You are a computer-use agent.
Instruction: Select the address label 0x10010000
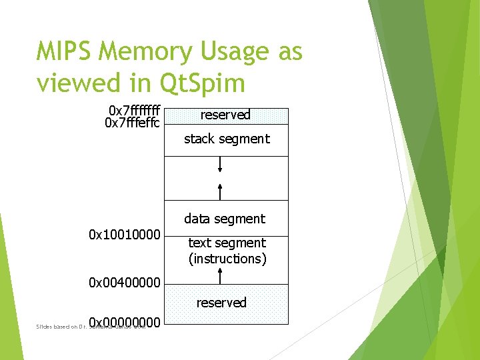(x=125, y=235)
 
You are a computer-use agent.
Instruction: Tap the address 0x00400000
(x=125, y=283)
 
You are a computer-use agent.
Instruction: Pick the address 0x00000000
(x=125, y=323)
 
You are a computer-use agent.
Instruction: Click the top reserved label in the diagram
(x=225, y=115)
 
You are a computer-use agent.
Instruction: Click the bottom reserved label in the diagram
(x=221, y=303)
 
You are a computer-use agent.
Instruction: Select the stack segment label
(x=227, y=139)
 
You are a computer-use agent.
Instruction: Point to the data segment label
(x=225, y=219)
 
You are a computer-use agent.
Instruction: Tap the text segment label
(x=227, y=243)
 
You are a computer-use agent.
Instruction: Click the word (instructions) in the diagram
(x=227, y=259)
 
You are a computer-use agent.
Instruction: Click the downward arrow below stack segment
(x=221, y=165)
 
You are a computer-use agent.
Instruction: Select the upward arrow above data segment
(x=221, y=191)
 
